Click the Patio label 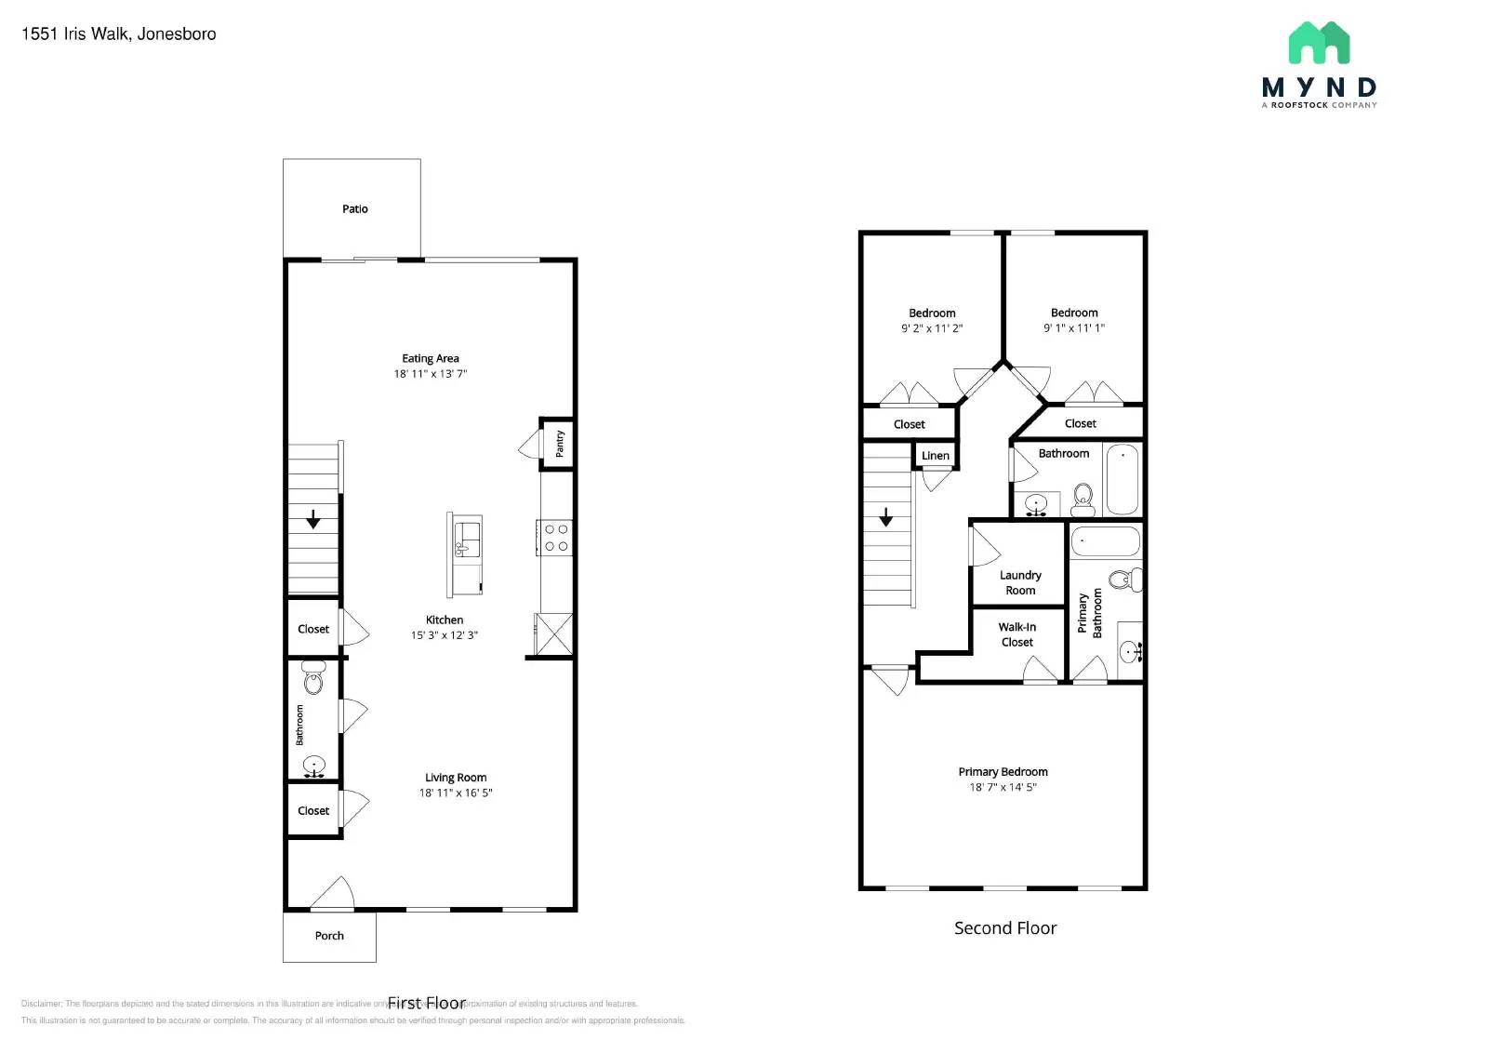point(354,209)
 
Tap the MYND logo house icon point(1319,43)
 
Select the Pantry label point(560,444)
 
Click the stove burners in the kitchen point(556,538)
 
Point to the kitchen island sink point(466,539)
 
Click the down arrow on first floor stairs point(313,519)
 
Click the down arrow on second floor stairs point(886,516)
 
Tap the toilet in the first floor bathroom point(313,680)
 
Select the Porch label point(329,936)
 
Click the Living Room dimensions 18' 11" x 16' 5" point(456,793)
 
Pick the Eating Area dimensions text point(430,374)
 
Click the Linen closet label point(936,456)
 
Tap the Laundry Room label point(1020,582)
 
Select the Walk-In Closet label point(1017,634)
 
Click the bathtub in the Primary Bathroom point(1105,540)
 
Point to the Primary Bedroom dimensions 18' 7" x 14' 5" point(1003,787)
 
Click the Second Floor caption point(1005,927)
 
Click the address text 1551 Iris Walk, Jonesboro point(119,34)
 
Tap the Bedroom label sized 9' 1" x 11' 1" point(1074,313)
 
